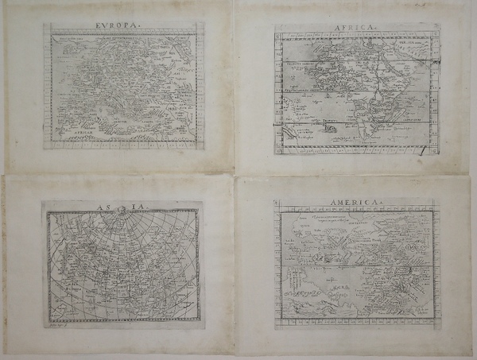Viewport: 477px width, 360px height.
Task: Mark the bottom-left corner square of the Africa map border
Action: point(279,149)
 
